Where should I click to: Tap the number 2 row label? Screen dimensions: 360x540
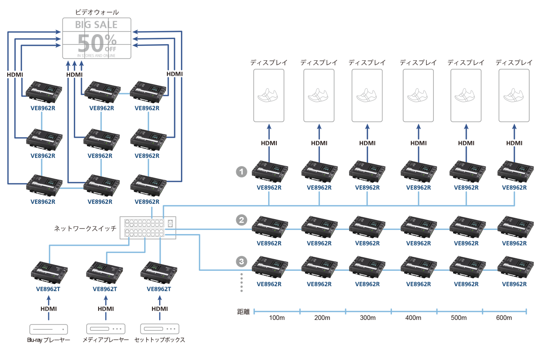pos(242,220)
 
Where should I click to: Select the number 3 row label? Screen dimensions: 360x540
pos(242,261)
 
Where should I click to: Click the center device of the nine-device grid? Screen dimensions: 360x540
pos(102,138)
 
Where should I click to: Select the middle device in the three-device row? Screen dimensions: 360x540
pos(104,271)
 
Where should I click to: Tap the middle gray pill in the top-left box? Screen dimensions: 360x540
pos(95,37)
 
